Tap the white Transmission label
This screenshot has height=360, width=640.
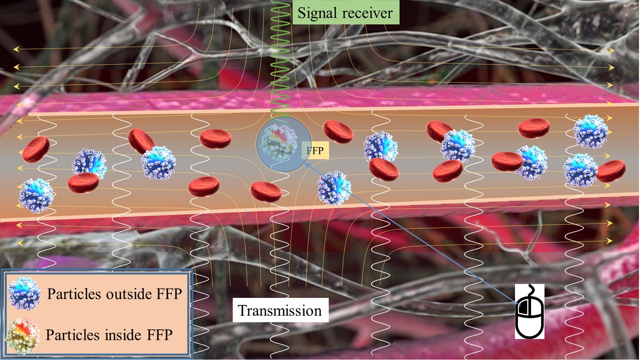(280, 310)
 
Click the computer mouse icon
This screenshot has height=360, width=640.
(530, 312)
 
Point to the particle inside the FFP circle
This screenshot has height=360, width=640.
(280, 143)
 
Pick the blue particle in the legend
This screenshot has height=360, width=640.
(25, 294)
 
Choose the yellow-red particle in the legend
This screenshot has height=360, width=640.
(22, 335)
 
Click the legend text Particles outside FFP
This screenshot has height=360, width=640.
(114, 294)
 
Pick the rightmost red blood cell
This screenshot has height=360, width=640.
(611, 171)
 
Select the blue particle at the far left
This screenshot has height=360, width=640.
(35, 195)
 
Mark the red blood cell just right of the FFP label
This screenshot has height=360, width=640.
(338, 131)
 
